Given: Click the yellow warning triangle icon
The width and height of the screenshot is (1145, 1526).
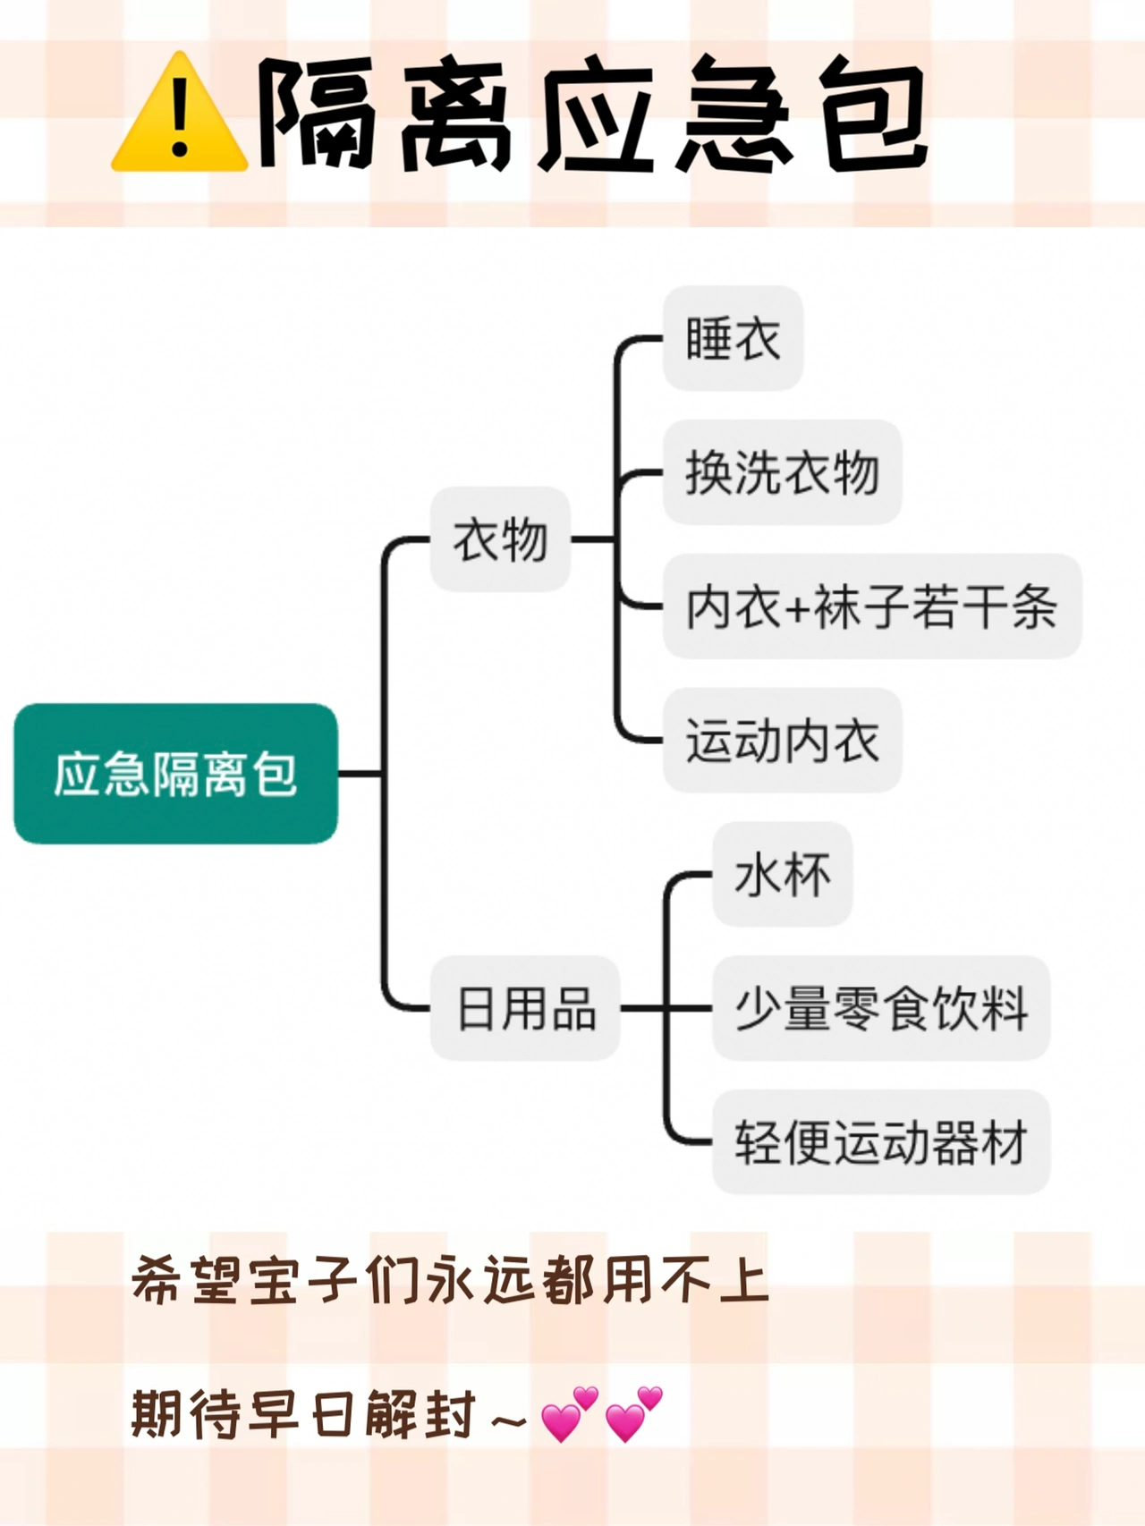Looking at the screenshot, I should click(179, 115).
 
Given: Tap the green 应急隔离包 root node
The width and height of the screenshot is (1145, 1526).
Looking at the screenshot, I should click(175, 774).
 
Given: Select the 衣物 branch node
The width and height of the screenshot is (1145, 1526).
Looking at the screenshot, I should click(500, 539).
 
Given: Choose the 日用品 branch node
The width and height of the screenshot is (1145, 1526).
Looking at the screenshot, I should click(525, 1008).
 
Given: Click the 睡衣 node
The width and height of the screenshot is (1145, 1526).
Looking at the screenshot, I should click(733, 338).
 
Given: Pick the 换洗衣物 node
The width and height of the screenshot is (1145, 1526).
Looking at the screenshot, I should click(782, 472).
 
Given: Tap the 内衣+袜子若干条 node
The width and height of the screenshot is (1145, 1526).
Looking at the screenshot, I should click(871, 606).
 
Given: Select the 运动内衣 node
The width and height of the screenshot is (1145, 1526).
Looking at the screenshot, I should click(782, 741).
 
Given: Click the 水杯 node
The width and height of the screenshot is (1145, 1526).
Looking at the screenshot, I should click(782, 874).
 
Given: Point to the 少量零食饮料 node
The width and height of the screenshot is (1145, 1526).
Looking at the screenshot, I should click(880, 1008).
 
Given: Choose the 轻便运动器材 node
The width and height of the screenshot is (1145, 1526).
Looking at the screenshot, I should click(880, 1142).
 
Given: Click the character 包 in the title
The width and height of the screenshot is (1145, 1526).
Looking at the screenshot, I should click(875, 114).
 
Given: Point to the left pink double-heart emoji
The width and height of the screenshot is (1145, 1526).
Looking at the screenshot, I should click(569, 1414).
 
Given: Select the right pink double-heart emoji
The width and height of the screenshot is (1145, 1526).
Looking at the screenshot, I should click(633, 1414).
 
